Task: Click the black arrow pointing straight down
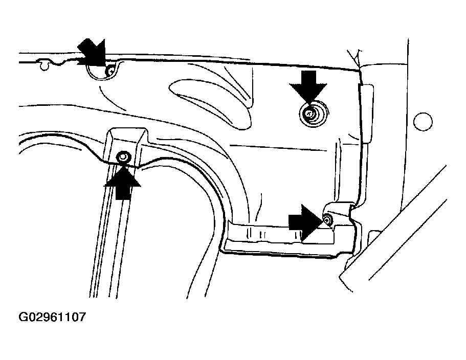point(308,85)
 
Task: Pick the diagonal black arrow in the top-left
point(93,54)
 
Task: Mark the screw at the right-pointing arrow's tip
point(327,220)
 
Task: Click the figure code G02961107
point(52,317)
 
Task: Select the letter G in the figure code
point(23,317)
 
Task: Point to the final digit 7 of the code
point(81,317)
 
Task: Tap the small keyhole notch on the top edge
point(45,65)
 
